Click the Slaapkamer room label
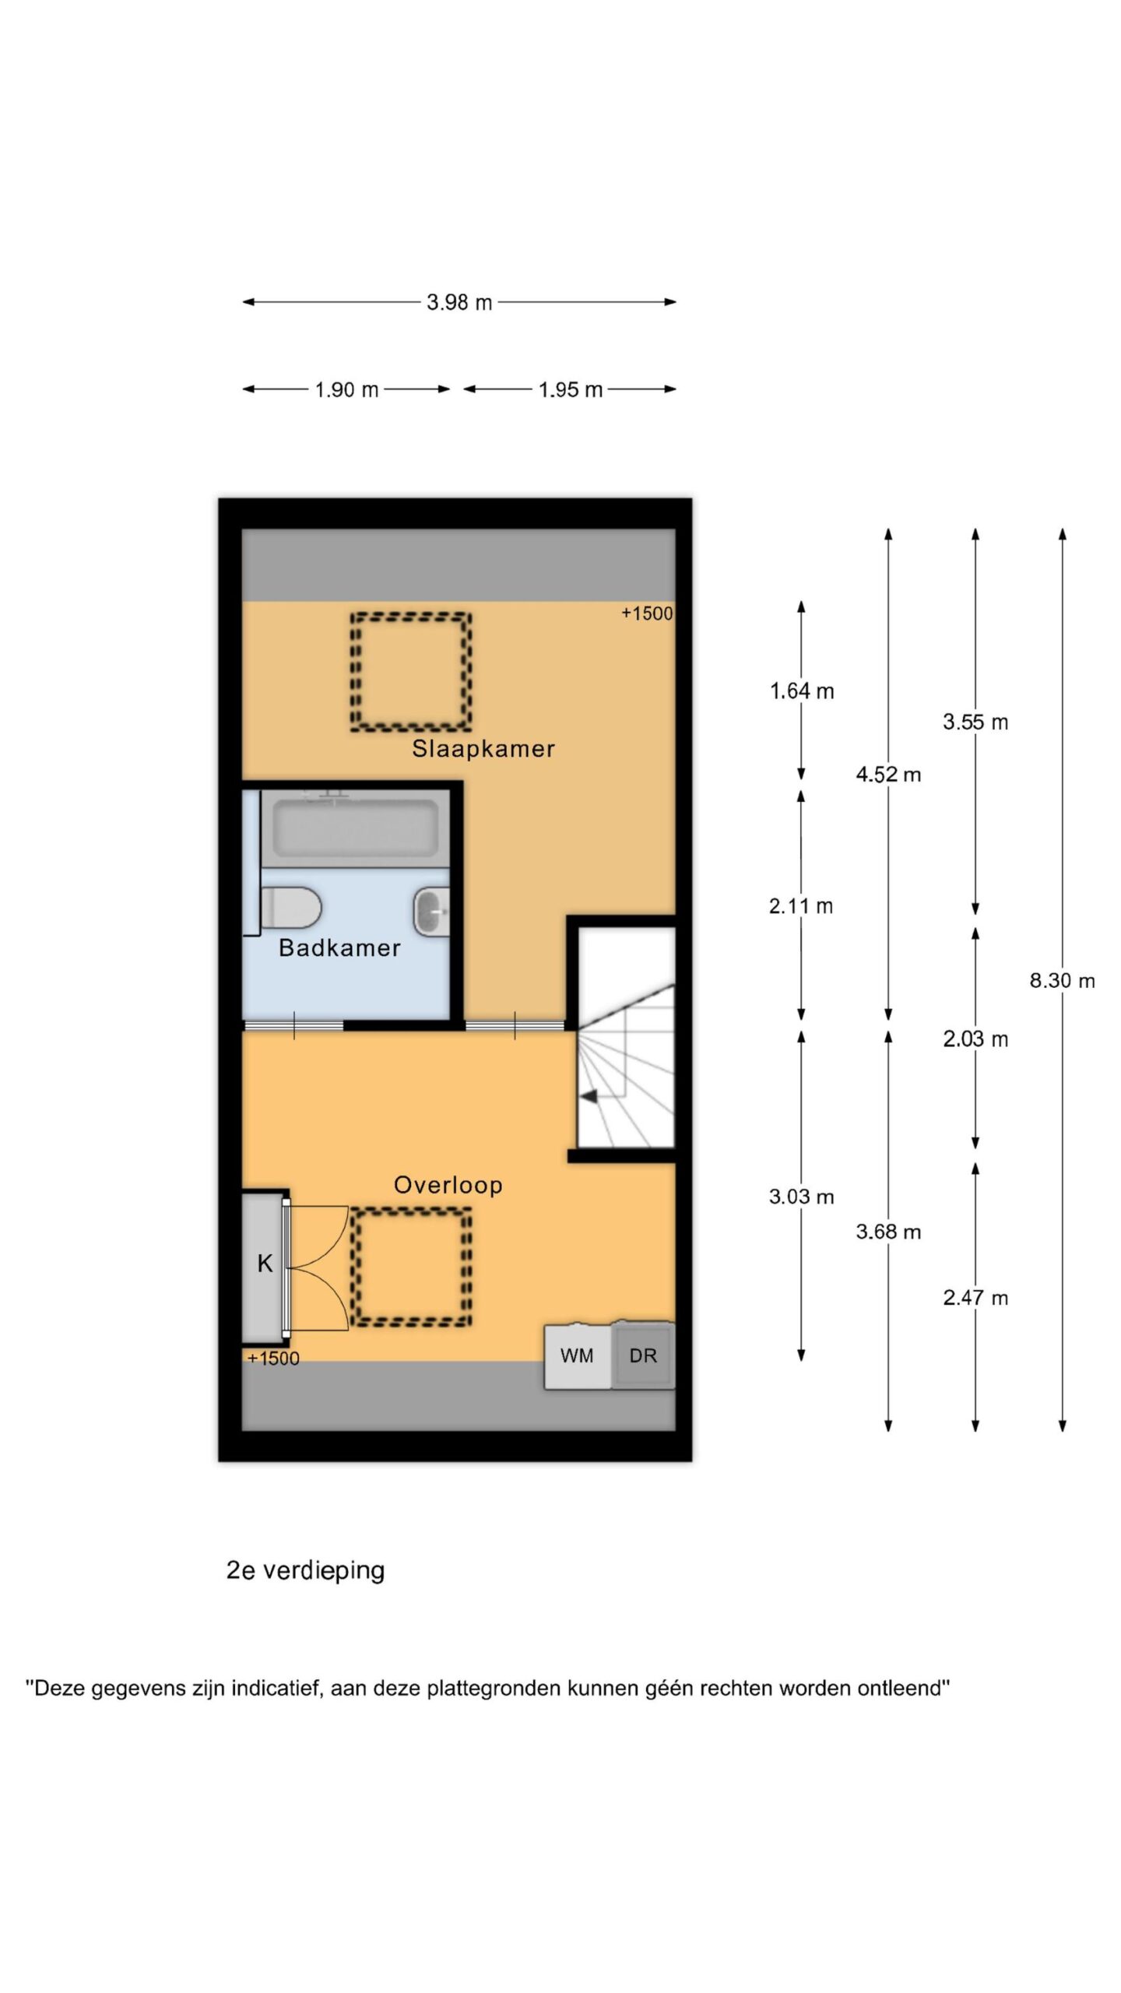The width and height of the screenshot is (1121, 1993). tap(483, 749)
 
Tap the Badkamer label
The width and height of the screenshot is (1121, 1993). tap(339, 947)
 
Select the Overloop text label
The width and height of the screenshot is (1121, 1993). tap(448, 1185)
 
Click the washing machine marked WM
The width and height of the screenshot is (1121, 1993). tap(578, 1355)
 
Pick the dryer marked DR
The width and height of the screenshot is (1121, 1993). tap(643, 1355)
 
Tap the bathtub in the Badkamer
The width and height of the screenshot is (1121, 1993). tap(355, 828)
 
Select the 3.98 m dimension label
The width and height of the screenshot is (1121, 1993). tap(459, 302)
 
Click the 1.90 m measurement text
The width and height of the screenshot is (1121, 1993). tap(346, 389)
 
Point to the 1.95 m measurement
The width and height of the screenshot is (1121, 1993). tap(571, 389)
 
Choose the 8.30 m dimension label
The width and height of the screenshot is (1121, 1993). tap(1062, 981)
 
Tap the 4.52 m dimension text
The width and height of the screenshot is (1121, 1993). tap(888, 775)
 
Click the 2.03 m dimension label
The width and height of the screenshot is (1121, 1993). tap(975, 1039)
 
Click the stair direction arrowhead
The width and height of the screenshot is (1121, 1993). tap(589, 1096)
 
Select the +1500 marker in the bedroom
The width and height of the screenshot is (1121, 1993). tap(646, 613)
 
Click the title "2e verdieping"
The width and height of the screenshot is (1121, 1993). tap(305, 1570)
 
